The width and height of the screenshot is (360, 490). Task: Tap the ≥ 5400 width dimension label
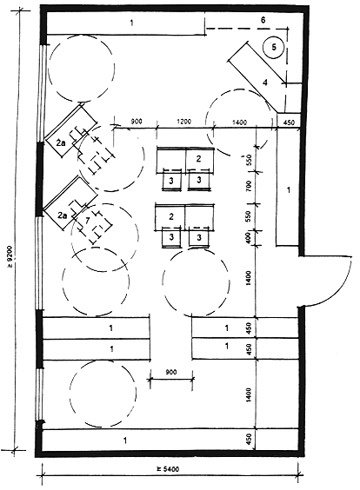168,469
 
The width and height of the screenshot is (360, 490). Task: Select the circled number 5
274,47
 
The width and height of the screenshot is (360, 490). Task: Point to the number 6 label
263,20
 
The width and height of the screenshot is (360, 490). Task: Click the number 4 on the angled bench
265,83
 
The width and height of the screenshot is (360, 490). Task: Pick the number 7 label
88,220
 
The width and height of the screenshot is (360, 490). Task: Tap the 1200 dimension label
183,122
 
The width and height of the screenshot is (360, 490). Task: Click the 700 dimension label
250,186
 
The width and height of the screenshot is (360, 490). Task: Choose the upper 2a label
61,143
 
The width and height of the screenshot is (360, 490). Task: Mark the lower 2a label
62,215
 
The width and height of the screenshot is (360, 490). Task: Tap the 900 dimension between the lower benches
170,372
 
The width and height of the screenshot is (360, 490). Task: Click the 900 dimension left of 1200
136,122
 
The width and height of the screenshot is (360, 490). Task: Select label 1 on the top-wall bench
131,23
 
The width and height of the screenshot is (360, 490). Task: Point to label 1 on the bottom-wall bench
125,440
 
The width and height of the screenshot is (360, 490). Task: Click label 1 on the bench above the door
289,189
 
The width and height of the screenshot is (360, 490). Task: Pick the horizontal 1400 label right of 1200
240,122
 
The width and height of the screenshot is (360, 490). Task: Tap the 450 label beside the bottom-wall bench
250,440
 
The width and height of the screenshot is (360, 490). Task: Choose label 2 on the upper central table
198,159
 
